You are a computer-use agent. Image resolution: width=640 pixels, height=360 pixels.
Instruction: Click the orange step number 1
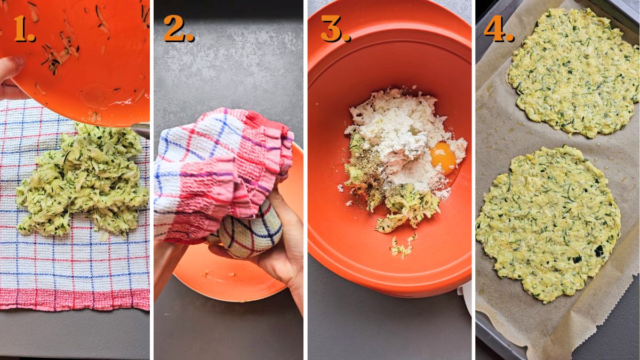click(24, 29)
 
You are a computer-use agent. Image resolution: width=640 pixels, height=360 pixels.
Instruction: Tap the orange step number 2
click(178, 29)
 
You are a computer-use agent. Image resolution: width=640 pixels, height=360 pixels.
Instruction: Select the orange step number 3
click(335, 29)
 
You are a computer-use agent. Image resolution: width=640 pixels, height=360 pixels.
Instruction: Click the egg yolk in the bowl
click(444, 158)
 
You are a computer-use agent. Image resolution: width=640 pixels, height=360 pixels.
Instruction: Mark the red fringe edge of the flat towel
click(75, 300)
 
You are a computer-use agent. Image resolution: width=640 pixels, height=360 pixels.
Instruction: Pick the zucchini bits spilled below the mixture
click(401, 246)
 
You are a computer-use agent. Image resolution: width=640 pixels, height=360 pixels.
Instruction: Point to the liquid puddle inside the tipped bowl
click(99, 96)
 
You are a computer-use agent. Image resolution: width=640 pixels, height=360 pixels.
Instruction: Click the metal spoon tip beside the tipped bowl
click(141, 130)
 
